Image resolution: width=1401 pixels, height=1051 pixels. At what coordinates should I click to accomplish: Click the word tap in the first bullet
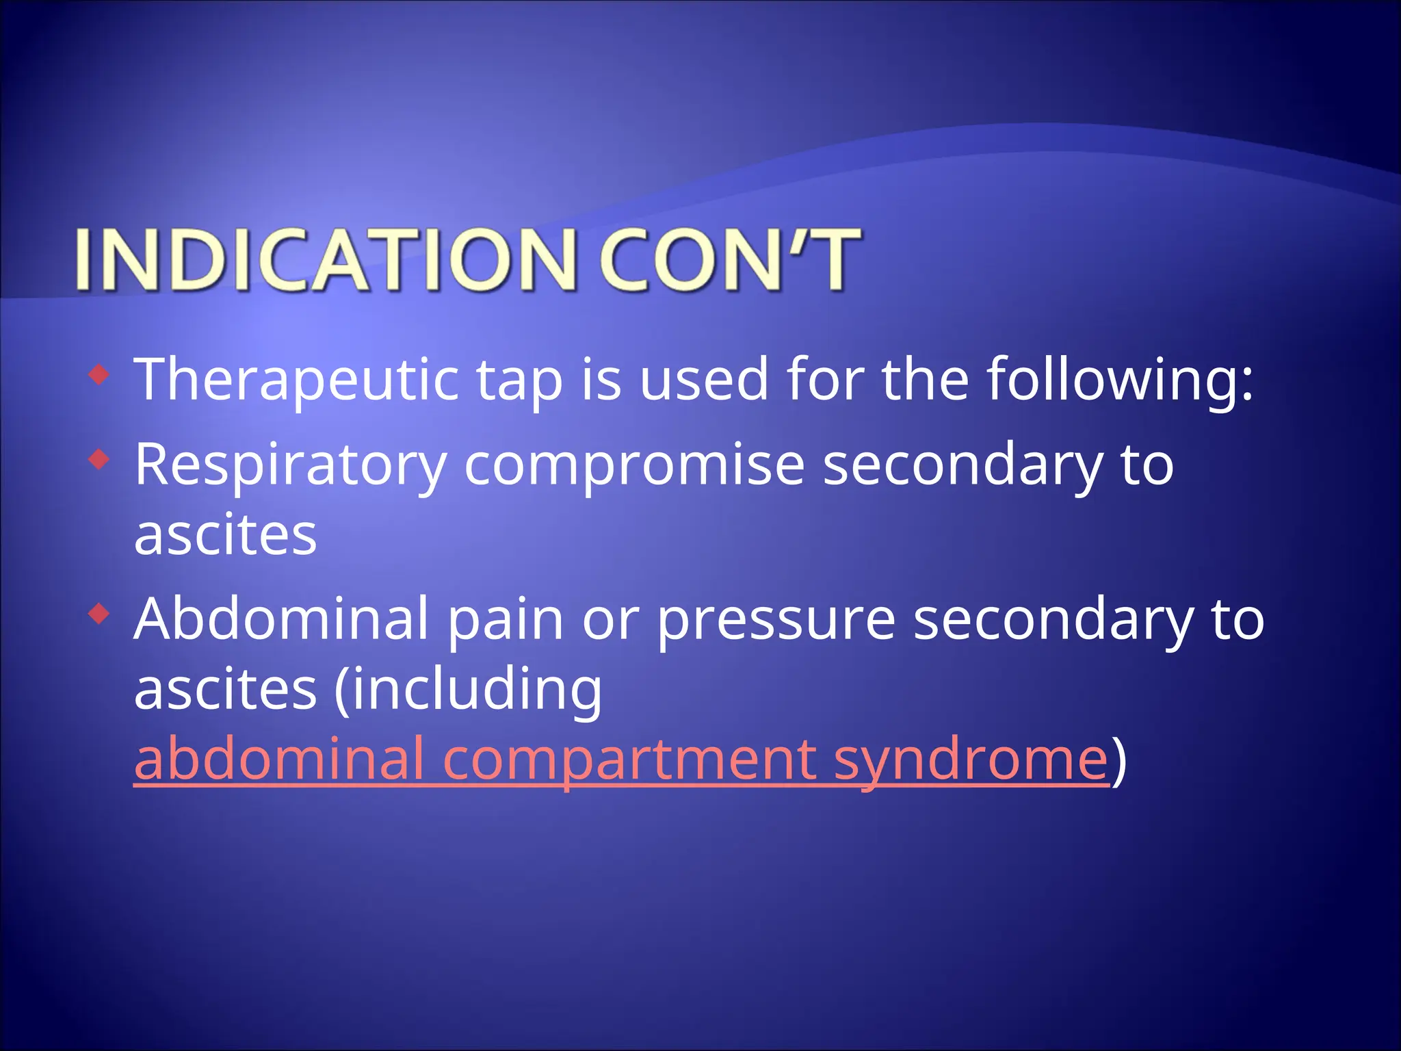[519, 380]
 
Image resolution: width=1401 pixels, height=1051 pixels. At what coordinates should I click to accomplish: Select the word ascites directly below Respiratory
[226, 535]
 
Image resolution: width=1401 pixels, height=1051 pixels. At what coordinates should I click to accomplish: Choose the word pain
[506, 619]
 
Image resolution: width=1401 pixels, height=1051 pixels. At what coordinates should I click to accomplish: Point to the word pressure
[776, 620]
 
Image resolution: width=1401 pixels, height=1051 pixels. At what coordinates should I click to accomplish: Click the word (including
[468, 690]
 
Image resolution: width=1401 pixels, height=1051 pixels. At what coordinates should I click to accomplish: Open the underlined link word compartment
[629, 760]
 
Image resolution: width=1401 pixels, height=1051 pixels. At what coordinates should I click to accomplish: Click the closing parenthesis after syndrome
[1118, 760]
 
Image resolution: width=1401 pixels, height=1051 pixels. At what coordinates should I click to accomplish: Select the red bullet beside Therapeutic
[99, 374]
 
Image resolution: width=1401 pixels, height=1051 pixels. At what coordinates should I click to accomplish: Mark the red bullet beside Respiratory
[99, 459]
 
